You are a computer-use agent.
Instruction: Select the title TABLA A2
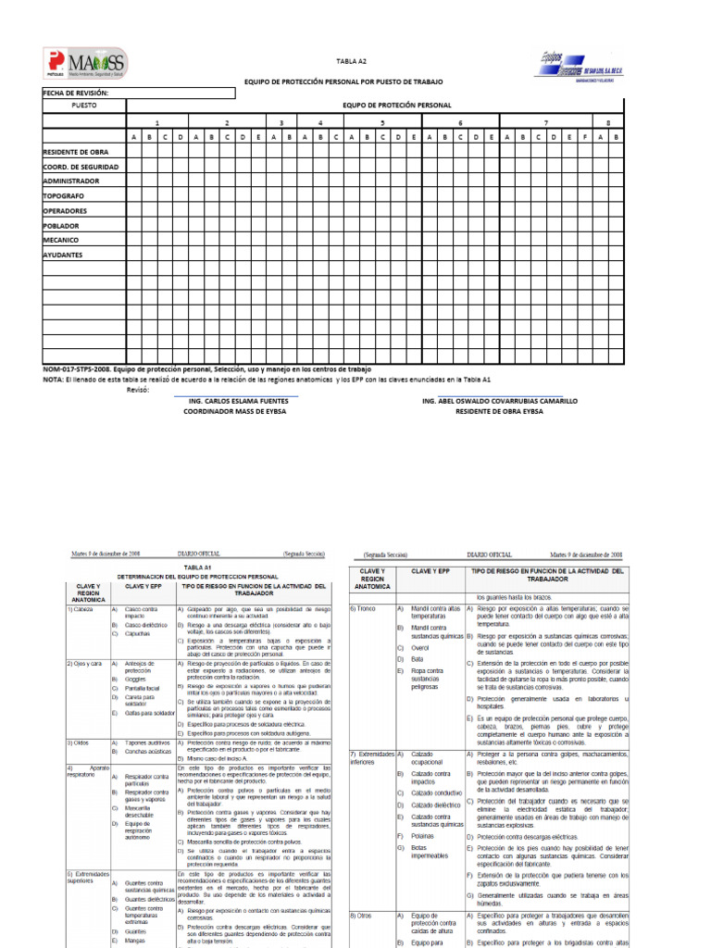click(351, 59)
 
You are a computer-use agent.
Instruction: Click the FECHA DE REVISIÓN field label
click(76, 94)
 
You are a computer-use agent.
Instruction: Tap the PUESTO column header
click(83, 106)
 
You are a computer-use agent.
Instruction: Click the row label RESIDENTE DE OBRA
click(76, 152)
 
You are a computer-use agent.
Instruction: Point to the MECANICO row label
click(63, 240)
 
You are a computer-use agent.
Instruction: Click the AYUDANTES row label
click(63, 255)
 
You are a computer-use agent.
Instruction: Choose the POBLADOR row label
click(62, 225)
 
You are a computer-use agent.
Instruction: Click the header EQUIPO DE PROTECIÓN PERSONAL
click(397, 106)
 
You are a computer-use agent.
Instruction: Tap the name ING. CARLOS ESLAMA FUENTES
click(238, 401)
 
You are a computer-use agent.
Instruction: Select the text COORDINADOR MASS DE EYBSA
click(238, 411)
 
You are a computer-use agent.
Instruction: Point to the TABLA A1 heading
click(197, 566)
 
